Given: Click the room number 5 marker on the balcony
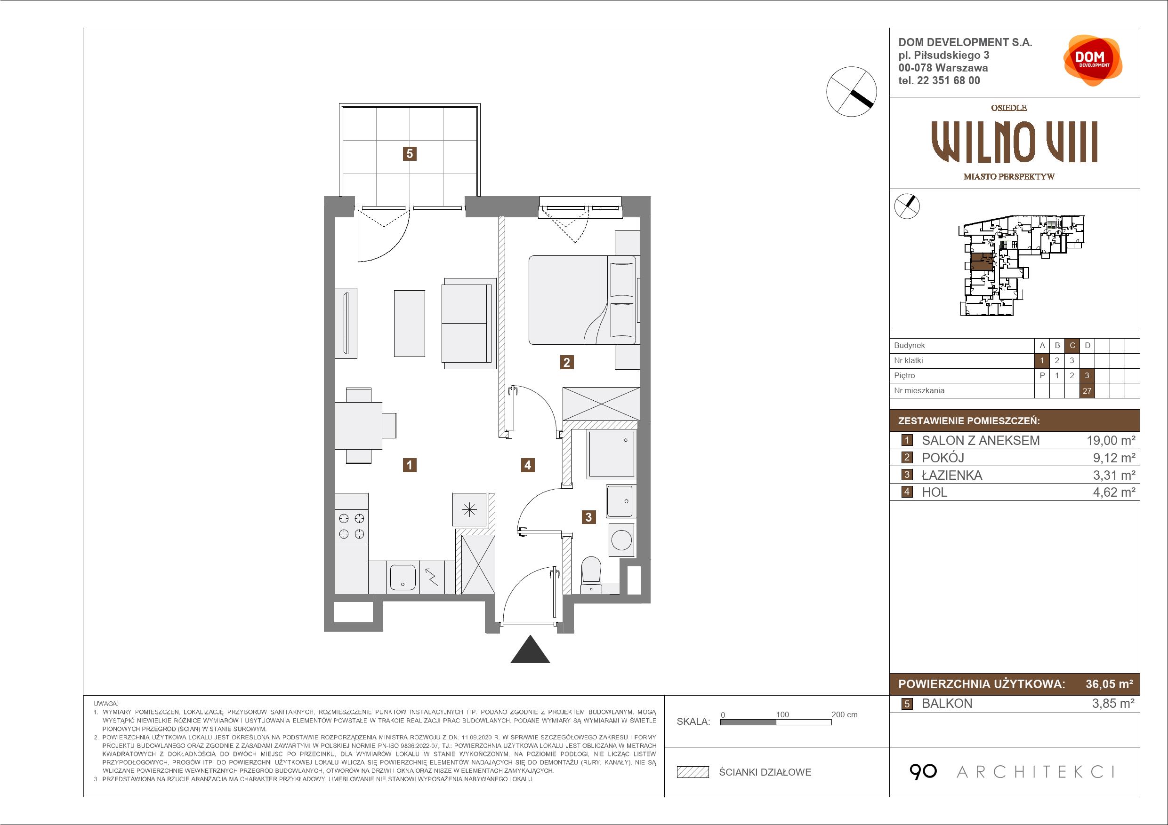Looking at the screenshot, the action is [410, 153].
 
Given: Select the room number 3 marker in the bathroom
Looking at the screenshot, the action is [588, 517].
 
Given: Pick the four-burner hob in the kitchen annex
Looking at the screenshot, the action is [352, 526].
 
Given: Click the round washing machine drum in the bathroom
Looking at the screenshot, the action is [621, 540].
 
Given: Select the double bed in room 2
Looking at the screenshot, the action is [582, 300].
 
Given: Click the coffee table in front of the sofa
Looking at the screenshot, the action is [410, 323].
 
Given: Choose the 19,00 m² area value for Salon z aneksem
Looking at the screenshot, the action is [1111, 440].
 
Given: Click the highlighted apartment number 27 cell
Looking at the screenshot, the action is [1087, 390].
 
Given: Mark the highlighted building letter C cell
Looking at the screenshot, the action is [1072, 346].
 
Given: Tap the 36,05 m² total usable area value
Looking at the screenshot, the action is [1109, 684].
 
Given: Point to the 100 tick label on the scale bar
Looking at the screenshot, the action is [782, 714].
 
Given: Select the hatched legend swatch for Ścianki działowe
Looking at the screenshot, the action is [693, 772].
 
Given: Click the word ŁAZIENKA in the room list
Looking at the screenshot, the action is [952, 475].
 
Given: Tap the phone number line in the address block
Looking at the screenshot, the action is [939, 80].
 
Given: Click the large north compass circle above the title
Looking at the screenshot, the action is [852, 92].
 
